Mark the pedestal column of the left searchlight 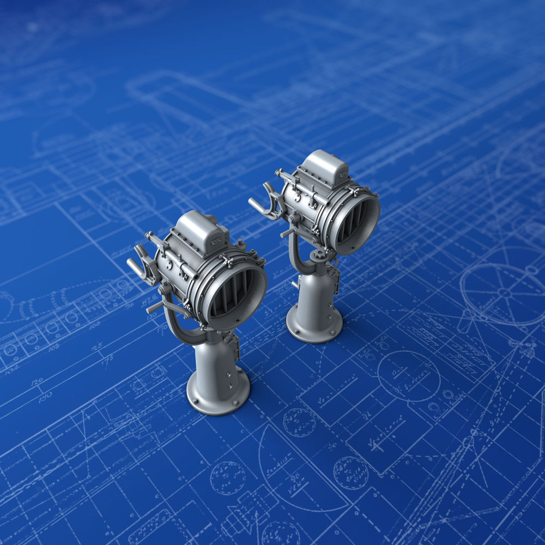click(x=217, y=362)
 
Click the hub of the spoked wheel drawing click(x=504, y=293)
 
